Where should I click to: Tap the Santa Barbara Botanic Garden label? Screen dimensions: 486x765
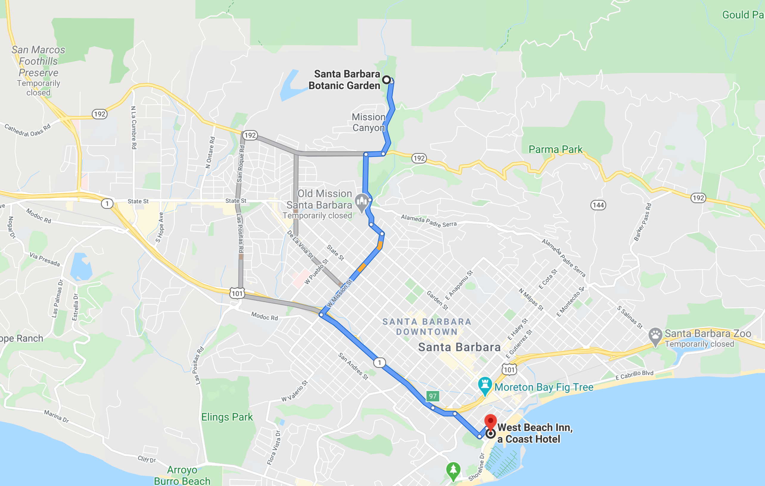(x=344, y=80)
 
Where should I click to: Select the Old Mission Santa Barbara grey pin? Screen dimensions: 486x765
(x=362, y=202)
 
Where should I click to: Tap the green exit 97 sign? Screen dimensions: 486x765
(x=433, y=396)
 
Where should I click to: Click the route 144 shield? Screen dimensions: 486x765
(x=598, y=205)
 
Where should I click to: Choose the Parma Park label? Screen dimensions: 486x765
(x=555, y=149)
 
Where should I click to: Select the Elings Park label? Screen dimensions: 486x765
(x=227, y=417)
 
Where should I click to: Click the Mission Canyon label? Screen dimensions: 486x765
(x=368, y=122)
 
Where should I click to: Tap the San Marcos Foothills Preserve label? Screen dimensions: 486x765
(x=38, y=61)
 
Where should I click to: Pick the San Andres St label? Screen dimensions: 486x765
(x=353, y=366)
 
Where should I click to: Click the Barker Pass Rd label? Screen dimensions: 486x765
(x=642, y=222)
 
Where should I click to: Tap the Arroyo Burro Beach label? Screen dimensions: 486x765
(x=182, y=476)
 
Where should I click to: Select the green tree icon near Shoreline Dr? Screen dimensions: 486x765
(x=453, y=470)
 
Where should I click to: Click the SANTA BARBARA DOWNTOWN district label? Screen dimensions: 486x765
(x=427, y=327)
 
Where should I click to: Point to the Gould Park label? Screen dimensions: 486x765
(x=743, y=15)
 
